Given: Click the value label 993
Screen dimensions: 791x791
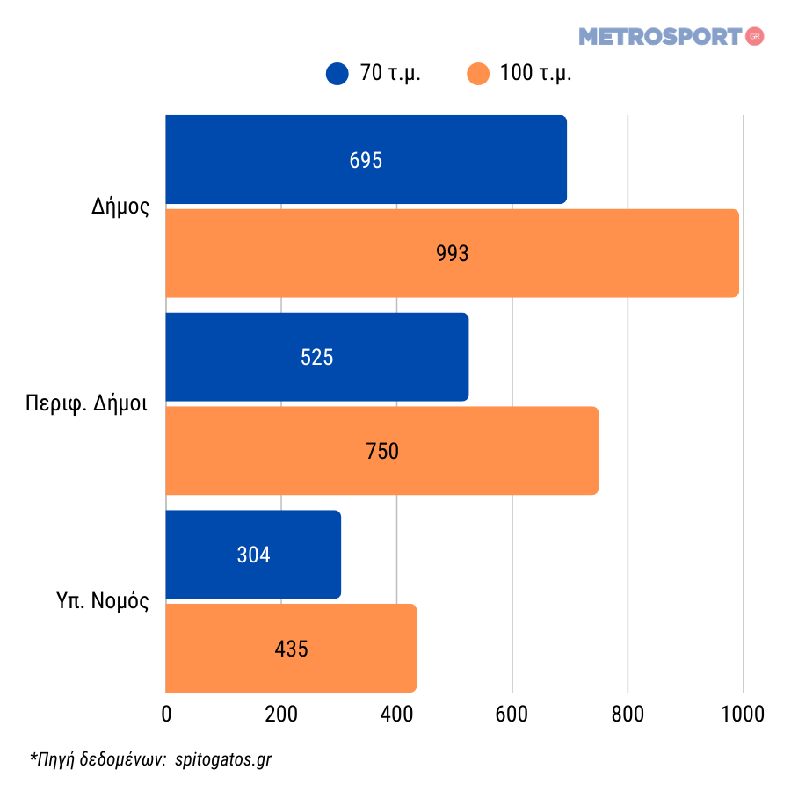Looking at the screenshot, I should tap(453, 253).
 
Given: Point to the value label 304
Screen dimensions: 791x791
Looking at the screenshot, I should tap(253, 555).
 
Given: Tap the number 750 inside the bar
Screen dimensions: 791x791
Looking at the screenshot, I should tap(382, 451).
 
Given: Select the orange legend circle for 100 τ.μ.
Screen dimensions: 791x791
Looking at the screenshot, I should tap(478, 74).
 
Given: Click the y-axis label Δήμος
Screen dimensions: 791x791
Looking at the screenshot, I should tap(120, 207).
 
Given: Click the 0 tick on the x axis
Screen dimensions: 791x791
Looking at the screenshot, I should tap(166, 714).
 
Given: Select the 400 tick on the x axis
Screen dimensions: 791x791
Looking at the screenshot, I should tap(396, 714).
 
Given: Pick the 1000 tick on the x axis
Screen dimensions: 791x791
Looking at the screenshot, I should tap(743, 714).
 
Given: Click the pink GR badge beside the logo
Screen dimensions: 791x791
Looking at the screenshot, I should tap(754, 36).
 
